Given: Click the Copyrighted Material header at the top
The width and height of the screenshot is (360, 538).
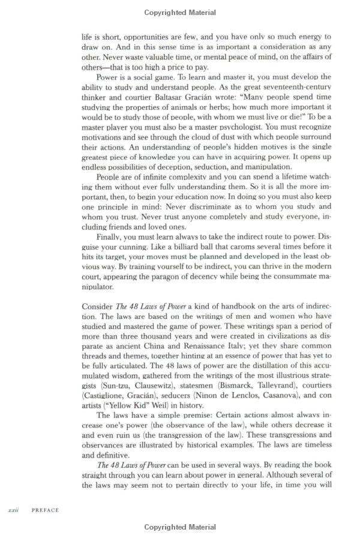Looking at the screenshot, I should (180, 12).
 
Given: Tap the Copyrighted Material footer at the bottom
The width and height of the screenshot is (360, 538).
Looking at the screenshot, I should (180, 527).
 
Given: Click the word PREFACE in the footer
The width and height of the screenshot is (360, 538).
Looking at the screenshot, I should (46, 510).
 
